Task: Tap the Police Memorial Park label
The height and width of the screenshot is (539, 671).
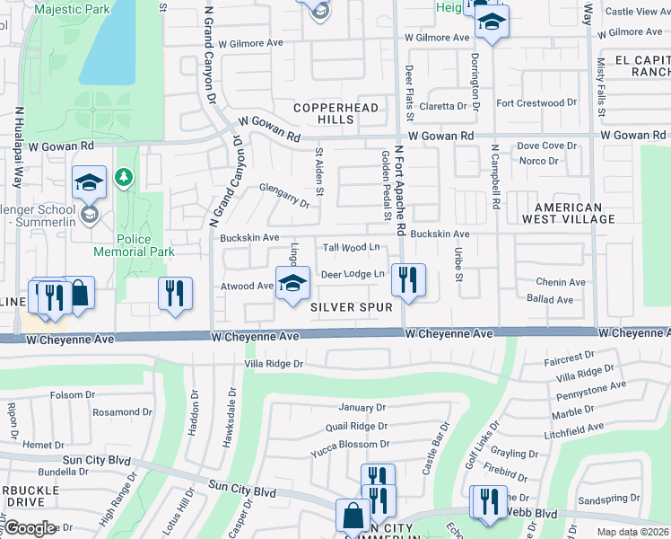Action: [x=145, y=245]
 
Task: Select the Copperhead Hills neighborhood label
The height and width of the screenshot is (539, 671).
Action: [x=336, y=113]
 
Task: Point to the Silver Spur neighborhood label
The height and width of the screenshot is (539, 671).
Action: [x=352, y=307]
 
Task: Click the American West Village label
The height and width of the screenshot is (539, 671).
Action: [x=566, y=212]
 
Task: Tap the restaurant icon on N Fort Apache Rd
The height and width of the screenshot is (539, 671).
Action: [x=408, y=279]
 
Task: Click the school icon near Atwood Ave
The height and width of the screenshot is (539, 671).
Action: [x=292, y=285]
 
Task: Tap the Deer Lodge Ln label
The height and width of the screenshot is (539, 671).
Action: [x=353, y=274]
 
